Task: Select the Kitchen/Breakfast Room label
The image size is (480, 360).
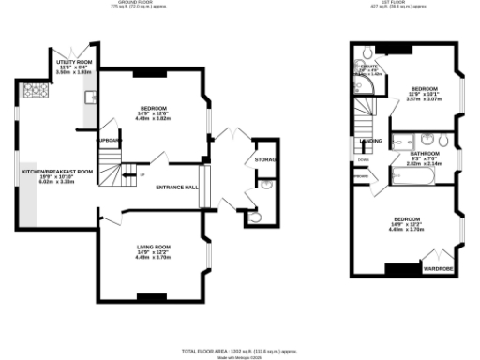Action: point(58,172)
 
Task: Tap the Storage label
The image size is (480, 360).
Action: point(264,160)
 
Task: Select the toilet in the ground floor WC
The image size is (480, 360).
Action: point(253,219)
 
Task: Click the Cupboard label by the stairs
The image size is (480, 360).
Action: point(109,141)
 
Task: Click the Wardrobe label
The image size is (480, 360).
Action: point(439,267)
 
